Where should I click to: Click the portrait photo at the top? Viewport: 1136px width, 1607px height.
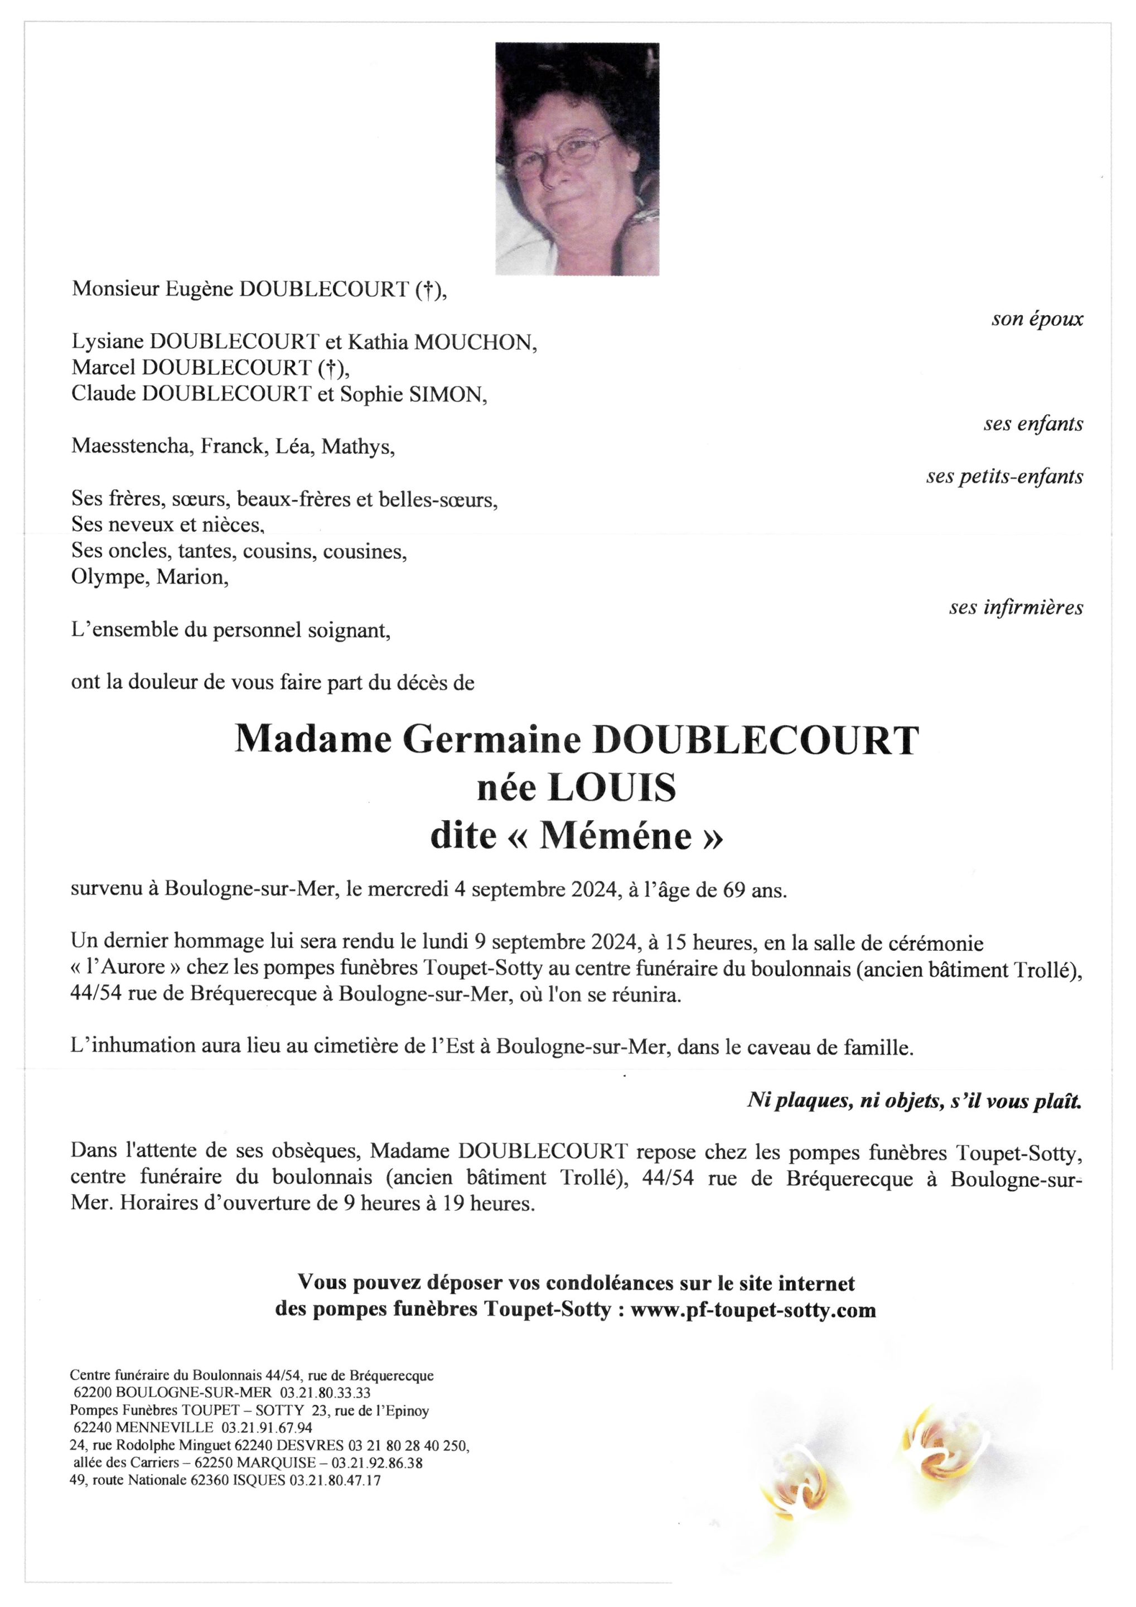[x=577, y=159]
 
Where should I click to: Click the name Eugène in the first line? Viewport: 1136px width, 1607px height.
[x=199, y=290]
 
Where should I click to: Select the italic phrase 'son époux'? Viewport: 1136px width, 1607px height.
[x=1037, y=320]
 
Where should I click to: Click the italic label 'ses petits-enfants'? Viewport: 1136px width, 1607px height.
[x=1004, y=477]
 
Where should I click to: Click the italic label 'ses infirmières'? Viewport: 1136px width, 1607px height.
[x=1016, y=608]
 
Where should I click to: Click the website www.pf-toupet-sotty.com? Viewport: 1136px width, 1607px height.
[x=753, y=1310]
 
